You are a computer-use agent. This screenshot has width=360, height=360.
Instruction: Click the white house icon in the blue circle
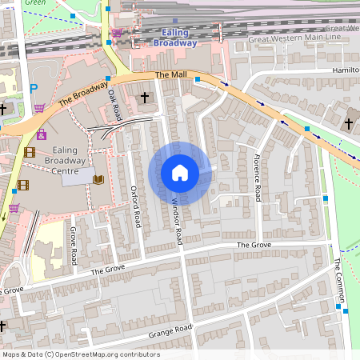point(180,172)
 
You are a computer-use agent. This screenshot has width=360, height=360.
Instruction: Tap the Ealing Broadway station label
point(174,37)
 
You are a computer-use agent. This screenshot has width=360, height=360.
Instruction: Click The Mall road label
point(170,74)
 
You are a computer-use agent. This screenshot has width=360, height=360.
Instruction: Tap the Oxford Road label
point(135,204)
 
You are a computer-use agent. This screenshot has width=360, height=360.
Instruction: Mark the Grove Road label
point(73,246)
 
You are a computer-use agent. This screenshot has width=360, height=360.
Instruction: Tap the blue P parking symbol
point(33,89)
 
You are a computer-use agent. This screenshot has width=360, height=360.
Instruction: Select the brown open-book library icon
point(98,179)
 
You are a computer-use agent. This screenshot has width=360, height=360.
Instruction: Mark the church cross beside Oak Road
point(145,98)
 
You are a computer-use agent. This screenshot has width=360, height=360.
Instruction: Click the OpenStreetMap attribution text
point(80,354)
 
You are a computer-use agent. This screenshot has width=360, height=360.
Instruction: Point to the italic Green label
point(34,3)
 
